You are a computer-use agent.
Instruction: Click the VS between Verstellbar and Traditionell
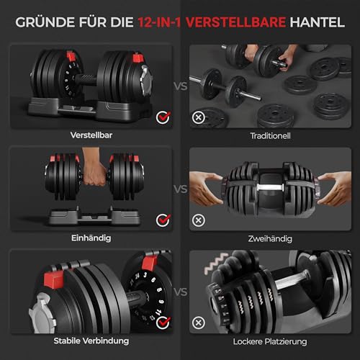coord(180,86)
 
